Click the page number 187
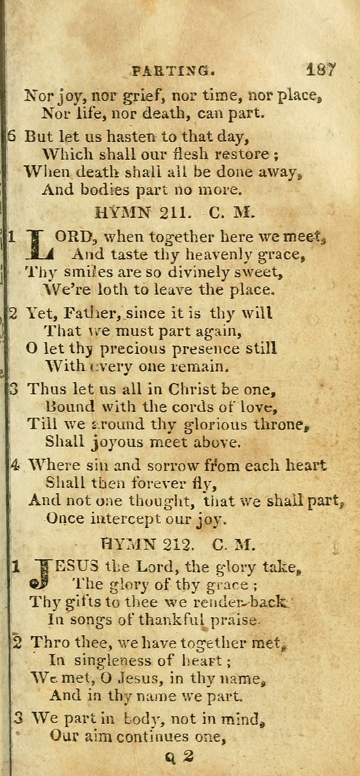point(321,70)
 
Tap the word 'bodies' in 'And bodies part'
point(114,190)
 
